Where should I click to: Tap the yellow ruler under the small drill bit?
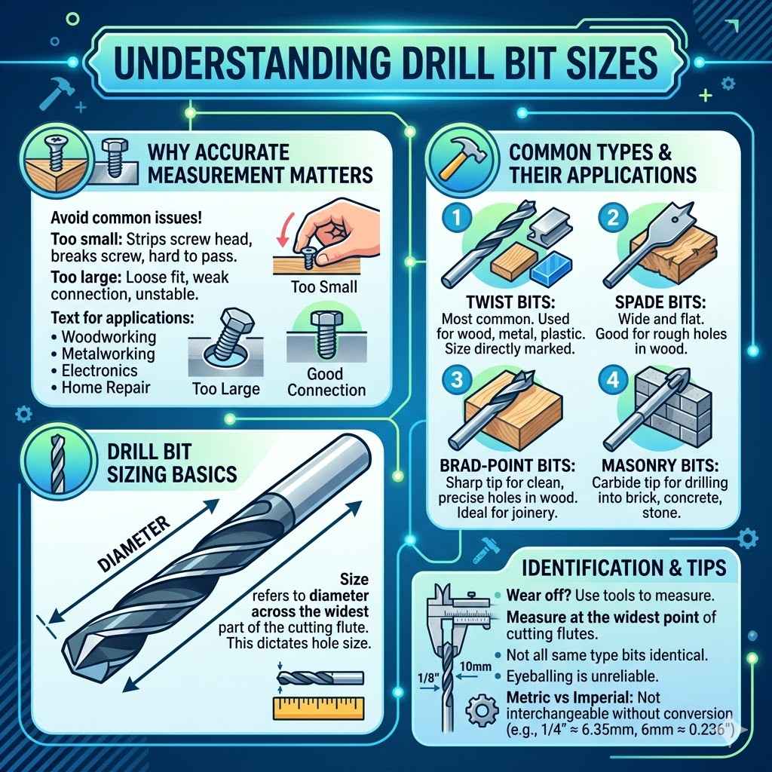pos(317,706)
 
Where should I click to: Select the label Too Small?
pos(323,287)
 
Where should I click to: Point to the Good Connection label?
pos(326,381)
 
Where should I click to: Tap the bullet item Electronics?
pos(99,371)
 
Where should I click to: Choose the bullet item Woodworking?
pos(109,336)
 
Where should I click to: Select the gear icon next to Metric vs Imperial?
pos(480,709)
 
